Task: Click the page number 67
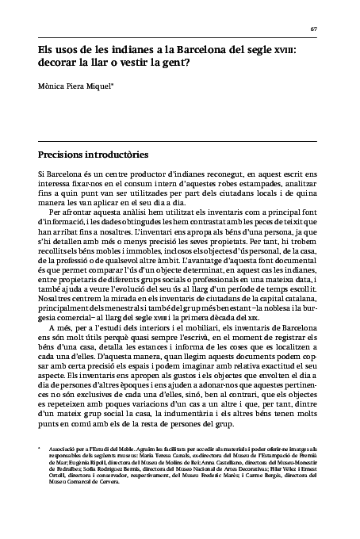[313, 29]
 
